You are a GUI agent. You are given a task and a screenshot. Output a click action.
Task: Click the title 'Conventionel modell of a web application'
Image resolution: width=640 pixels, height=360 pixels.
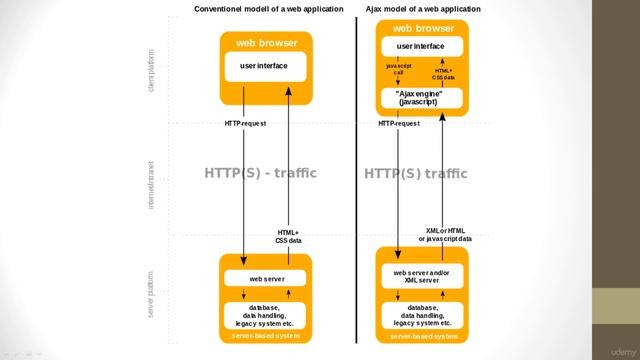click(x=262, y=9)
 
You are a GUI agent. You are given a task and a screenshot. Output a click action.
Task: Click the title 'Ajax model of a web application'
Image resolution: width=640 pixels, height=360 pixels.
click(x=423, y=9)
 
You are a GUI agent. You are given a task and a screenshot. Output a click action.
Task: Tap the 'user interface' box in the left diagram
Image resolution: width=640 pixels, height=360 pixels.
click(x=264, y=66)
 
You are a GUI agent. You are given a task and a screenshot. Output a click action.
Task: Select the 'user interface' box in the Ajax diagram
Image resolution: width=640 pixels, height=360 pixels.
click(x=421, y=46)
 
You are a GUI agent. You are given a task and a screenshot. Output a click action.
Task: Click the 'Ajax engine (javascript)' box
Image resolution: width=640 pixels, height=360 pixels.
click(x=420, y=98)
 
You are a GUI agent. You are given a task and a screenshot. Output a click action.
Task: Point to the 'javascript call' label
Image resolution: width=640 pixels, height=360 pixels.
click(x=398, y=70)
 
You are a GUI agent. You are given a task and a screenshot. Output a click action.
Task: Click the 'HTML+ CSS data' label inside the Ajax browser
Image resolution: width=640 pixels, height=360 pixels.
click(x=443, y=73)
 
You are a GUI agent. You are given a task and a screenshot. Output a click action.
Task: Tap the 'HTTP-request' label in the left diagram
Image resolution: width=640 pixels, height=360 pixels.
click(x=245, y=123)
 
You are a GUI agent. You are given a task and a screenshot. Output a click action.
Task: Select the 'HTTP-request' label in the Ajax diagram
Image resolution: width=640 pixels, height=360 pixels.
click(x=399, y=123)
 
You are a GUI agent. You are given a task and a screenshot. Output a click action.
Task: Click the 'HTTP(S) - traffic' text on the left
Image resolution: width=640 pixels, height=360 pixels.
click(x=260, y=173)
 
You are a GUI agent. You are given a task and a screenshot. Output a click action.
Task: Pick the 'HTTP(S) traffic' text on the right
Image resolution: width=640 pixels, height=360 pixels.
click(x=415, y=174)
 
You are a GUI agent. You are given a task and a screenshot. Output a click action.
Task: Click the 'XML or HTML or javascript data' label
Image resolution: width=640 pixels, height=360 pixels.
click(x=445, y=235)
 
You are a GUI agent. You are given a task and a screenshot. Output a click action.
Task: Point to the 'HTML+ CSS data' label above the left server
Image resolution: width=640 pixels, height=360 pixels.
click(x=288, y=237)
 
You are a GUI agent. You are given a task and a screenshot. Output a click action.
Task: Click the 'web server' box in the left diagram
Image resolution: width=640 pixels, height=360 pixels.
click(x=266, y=279)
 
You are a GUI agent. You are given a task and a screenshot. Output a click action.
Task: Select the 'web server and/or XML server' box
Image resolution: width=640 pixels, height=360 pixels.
click(x=422, y=276)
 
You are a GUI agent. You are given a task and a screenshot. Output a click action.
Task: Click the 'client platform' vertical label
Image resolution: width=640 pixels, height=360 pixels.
click(x=151, y=69)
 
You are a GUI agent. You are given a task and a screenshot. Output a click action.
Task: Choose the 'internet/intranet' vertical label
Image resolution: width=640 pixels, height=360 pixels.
click(x=151, y=184)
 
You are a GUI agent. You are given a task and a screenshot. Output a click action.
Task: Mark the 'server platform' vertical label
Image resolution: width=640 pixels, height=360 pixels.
click(x=151, y=295)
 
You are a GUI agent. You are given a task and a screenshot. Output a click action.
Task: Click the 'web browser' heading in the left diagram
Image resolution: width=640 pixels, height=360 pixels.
click(x=266, y=43)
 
